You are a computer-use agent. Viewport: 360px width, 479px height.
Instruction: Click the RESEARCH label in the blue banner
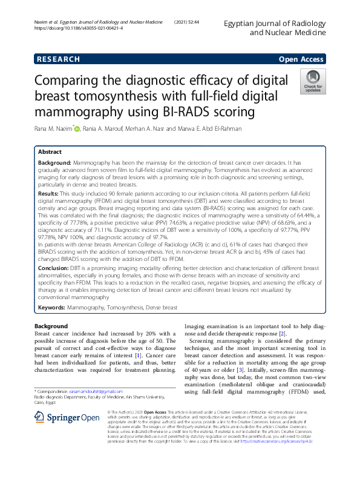58,59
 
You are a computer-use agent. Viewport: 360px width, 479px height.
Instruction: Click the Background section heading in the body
51,326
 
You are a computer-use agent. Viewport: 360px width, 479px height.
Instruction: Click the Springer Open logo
66,417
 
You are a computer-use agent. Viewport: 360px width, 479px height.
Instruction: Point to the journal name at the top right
275,27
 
